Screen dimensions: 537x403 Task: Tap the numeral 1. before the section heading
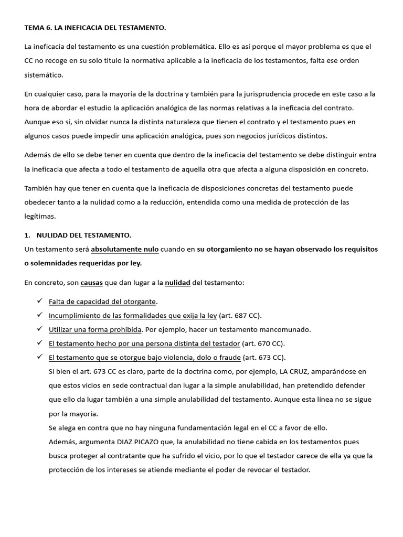(x=27, y=235)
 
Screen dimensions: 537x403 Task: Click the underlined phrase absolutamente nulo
(x=125, y=249)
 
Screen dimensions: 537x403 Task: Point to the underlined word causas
(x=91, y=283)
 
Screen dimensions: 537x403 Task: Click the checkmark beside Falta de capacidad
(x=40, y=302)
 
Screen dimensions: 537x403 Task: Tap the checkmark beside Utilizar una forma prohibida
(x=40, y=329)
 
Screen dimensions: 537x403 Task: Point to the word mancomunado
(x=289, y=329)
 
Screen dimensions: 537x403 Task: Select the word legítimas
(x=40, y=216)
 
